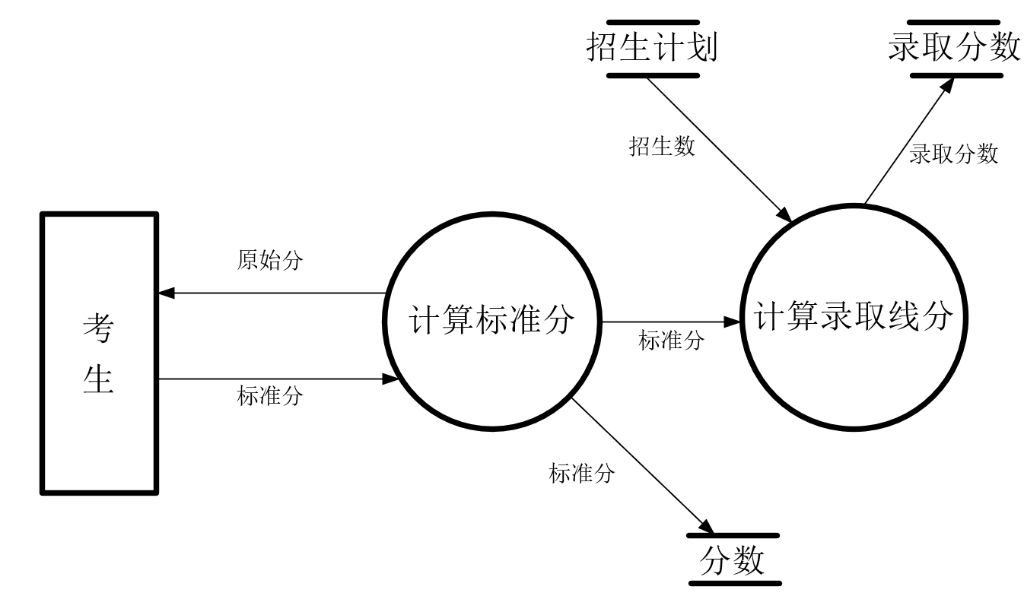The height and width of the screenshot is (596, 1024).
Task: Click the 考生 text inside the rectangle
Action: click(x=99, y=353)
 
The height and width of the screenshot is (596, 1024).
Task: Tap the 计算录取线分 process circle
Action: click(x=854, y=315)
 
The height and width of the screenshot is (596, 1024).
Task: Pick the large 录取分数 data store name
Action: click(x=954, y=48)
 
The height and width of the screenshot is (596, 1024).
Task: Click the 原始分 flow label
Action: click(x=269, y=261)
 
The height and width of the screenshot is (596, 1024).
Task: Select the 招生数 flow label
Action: click(x=662, y=146)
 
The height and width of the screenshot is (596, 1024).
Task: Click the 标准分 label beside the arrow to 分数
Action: click(x=581, y=474)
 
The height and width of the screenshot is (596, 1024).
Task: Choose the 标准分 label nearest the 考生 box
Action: click(x=269, y=395)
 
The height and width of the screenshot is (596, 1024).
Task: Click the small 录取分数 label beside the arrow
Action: click(x=953, y=154)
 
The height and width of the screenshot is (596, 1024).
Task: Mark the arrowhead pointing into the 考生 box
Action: click(x=165, y=293)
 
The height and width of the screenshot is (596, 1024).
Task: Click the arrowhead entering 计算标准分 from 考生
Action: click(x=391, y=378)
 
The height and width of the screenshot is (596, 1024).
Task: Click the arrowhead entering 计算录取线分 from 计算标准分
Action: click(x=735, y=322)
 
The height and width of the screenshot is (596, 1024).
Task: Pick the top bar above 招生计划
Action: click(x=652, y=23)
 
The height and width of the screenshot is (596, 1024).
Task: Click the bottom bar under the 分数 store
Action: click(x=734, y=584)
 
